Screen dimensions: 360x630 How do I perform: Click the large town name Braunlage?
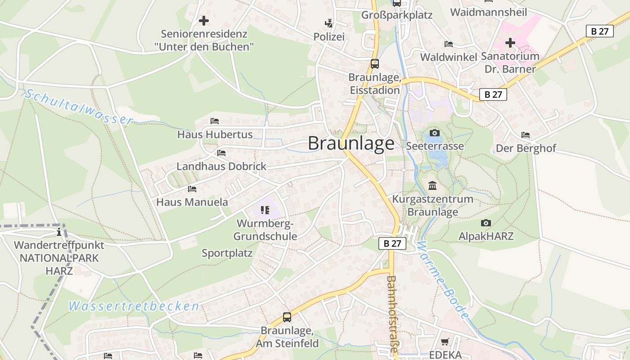[x=351, y=143]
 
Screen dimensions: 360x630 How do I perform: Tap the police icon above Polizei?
[x=329, y=23]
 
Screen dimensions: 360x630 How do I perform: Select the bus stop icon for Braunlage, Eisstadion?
[x=375, y=64]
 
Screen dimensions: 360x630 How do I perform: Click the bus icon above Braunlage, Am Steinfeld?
[x=287, y=317]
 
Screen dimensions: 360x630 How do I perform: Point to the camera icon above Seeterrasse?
[x=434, y=133]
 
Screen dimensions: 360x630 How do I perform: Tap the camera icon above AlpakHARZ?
[x=486, y=223]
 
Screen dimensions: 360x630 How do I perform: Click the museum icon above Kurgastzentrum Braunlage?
[x=432, y=185]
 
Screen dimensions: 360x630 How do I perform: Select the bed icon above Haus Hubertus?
[x=215, y=121]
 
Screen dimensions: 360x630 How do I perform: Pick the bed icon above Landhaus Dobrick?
[x=221, y=153]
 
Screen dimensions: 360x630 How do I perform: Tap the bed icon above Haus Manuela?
[x=192, y=189]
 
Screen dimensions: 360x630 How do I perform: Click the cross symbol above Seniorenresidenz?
[x=204, y=21]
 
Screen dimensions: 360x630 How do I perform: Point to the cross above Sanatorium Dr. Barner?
[x=510, y=43]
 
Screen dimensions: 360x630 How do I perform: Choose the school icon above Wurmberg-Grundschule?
[x=265, y=210]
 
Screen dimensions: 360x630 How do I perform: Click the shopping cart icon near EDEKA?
[x=445, y=342]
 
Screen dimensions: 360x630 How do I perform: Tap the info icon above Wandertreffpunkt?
[x=59, y=232]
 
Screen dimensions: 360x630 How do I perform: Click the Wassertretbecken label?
[x=134, y=306]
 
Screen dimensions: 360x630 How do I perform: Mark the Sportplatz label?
[x=227, y=253]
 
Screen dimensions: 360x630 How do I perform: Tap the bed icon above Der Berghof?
[x=525, y=135]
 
